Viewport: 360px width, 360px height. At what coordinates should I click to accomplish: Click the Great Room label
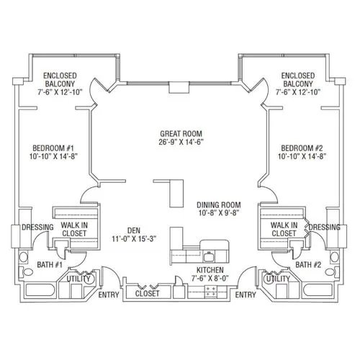[181, 138]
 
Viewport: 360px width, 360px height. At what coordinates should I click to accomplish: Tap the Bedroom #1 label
[53, 152]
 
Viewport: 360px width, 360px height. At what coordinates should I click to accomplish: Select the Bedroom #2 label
[302, 152]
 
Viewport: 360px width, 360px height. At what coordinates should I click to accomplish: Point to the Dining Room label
[219, 209]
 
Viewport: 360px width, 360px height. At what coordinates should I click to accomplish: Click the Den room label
[134, 230]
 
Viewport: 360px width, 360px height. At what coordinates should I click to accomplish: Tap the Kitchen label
[210, 270]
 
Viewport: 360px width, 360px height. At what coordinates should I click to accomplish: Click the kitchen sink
[209, 257]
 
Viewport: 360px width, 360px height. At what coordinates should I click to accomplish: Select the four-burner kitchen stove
[210, 292]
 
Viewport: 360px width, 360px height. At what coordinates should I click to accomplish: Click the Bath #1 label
[50, 265]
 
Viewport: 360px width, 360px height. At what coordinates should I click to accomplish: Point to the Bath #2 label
[308, 265]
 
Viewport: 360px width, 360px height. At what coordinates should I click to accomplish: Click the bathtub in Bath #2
[318, 290]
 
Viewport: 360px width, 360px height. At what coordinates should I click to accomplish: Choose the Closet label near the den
[147, 293]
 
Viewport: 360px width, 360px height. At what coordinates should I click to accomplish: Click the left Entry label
[109, 294]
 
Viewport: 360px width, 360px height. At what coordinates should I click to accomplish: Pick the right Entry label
[246, 294]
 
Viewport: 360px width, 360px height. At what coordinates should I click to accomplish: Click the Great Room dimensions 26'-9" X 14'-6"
[181, 142]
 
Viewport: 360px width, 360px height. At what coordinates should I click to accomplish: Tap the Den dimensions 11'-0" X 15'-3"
[134, 239]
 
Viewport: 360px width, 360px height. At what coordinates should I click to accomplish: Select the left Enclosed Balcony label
[60, 84]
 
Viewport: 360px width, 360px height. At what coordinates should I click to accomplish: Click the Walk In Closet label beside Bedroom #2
[284, 229]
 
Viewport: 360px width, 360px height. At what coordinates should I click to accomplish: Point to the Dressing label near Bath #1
[37, 227]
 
